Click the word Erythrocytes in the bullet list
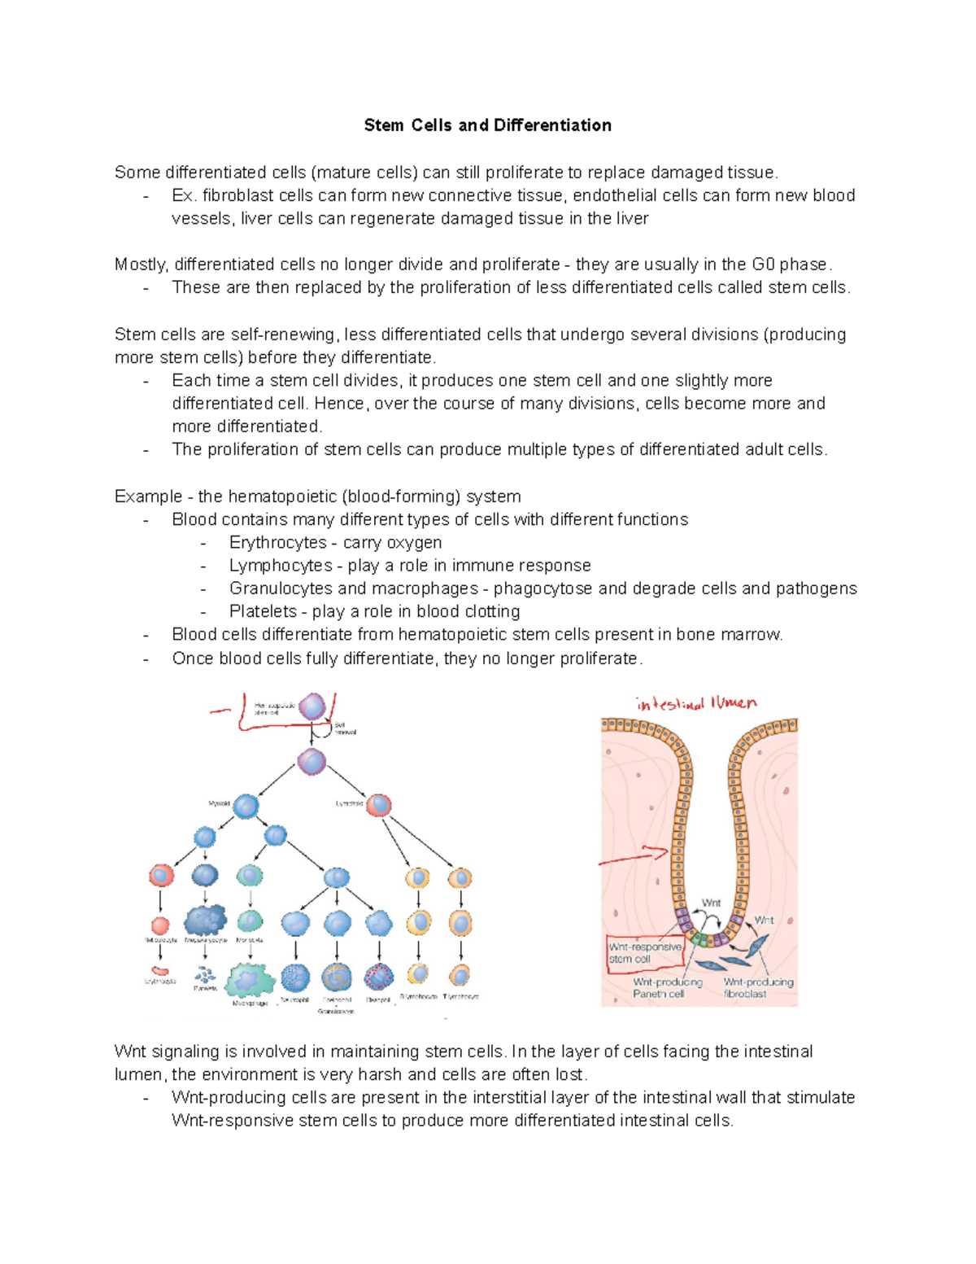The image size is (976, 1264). [x=277, y=543]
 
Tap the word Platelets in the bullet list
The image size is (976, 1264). [x=263, y=611]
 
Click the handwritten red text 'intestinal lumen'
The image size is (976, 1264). [x=696, y=704]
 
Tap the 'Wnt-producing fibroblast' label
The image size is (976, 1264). [x=758, y=987]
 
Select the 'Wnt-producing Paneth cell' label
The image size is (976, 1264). [x=667, y=987]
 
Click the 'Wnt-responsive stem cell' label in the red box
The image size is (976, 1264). [x=645, y=953]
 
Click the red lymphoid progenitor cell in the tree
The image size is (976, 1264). [x=378, y=806]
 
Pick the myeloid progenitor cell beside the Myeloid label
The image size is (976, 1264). [x=246, y=806]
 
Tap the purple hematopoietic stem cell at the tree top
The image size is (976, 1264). [x=312, y=706]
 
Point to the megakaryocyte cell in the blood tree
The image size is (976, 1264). [x=205, y=921]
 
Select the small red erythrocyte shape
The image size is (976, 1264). [x=160, y=969]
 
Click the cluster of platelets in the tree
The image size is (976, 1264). [x=204, y=974]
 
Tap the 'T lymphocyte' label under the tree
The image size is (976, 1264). [x=460, y=996]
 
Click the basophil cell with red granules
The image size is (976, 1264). [x=379, y=976]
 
